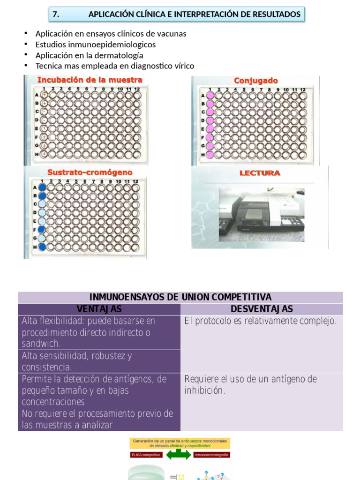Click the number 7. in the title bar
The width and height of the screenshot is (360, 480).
click(x=56, y=15)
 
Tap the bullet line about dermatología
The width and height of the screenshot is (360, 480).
click(x=89, y=55)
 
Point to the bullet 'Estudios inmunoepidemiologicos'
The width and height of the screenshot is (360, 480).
click(x=96, y=45)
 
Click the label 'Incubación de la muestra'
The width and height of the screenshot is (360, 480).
click(x=90, y=80)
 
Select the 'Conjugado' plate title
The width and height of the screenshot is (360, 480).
click(x=255, y=81)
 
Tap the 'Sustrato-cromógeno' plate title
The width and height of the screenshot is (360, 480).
click(x=90, y=172)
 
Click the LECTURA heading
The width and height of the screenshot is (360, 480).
click(x=260, y=173)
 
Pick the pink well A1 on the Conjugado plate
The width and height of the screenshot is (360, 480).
click(x=210, y=96)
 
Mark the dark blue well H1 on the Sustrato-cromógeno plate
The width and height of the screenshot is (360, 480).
click(x=42, y=247)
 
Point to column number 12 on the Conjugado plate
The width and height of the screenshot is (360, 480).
click(x=303, y=89)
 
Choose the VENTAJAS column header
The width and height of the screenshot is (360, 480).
click(x=99, y=309)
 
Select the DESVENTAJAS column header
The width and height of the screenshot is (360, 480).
click(x=262, y=309)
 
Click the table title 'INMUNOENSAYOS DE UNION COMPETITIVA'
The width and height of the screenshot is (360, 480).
click(x=180, y=297)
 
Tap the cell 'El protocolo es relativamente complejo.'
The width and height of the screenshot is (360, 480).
click(x=260, y=321)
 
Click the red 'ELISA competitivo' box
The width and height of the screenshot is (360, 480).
click(x=146, y=455)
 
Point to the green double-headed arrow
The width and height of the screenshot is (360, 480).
click(x=178, y=455)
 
